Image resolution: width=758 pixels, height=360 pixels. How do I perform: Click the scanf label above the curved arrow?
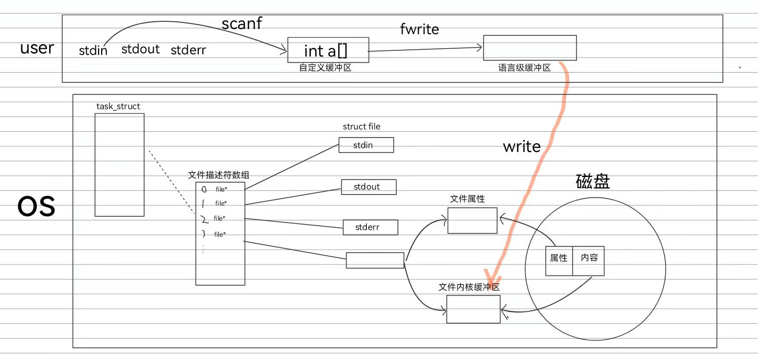coord(242,24)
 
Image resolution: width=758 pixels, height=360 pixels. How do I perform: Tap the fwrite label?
coord(419,30)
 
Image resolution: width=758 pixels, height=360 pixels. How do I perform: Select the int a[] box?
coord(328,50)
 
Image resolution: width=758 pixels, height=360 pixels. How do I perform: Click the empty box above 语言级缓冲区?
coord(530,48)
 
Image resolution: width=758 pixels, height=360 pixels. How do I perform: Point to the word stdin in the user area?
coord(93,51)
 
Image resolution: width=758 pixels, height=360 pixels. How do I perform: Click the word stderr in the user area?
coord(188,50)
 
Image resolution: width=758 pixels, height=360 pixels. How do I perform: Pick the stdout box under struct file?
coord(368,187)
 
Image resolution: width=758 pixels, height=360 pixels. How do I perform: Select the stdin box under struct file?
coord(366,145)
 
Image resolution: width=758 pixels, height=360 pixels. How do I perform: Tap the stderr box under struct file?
coord(370,227)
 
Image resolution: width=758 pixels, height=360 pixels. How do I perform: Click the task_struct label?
coord(118,106)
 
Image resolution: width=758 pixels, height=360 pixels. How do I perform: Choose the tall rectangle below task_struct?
coord(119,165)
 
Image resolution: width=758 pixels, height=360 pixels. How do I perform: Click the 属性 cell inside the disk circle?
coord(559,258)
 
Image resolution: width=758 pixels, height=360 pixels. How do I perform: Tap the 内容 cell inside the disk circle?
coord(589,258)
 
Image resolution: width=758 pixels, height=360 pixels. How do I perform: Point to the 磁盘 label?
coord(592,182)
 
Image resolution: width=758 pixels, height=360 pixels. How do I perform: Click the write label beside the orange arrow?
coord(521,147)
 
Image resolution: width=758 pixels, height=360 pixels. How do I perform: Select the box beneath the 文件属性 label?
coord(472,220)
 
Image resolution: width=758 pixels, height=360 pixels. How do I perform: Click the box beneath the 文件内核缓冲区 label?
coord(473,309)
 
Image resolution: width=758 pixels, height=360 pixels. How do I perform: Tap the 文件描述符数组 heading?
coord(219,175)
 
